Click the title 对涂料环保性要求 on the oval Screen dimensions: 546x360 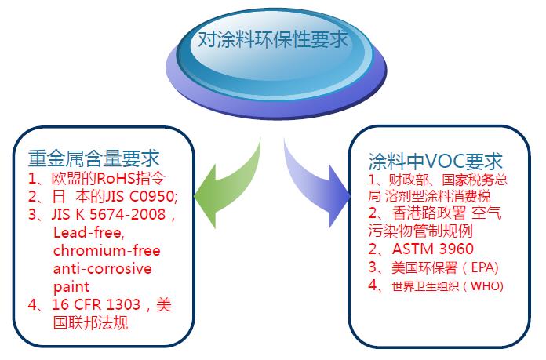pyautogui.click(x=273, y=39)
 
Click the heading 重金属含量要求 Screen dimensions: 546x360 pyautogui.click(x=93, y=158)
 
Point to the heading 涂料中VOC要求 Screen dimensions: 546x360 pyautogui.click(x=435, y=161)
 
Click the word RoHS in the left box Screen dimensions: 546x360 pyautogui.click(x=116, y=178)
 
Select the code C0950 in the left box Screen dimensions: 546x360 pyautogui.click(x=153, y=196)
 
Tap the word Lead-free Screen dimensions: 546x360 pyautogui.click(x=89, y=233)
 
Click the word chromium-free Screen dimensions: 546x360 pyautogui.click(x=107, y=250)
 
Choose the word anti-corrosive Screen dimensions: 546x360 pyautogui.click(x=103, y=268)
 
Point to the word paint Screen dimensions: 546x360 pyautogui.click(x=71, y=287)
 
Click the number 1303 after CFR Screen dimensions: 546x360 pyautogui.click(x=123, y=304)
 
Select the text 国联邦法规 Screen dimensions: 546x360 pyautogui.click(x=90, y=323)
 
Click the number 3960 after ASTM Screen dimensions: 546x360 pyautogui.click(x=457, y=249)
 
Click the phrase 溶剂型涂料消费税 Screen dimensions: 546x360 pyautogui.click(x=438, y=196)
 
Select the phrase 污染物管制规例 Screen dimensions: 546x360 pyautogui.click(x=420, y=231)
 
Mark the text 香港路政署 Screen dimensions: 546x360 pyautogui.click(x=429, y=213)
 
